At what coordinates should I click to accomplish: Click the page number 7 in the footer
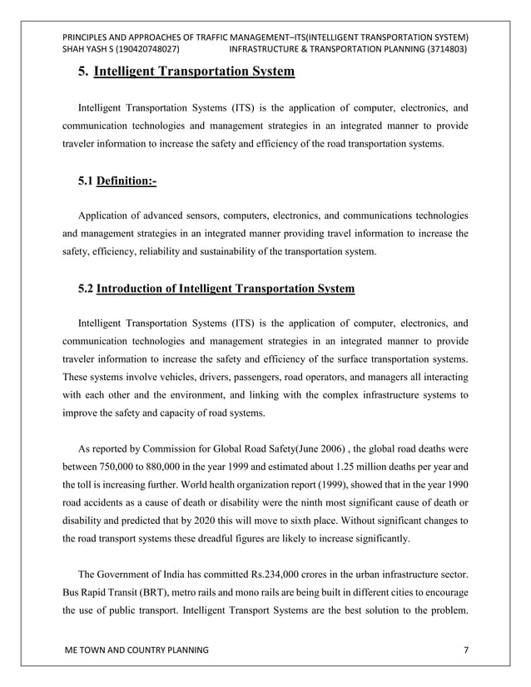[465, 648]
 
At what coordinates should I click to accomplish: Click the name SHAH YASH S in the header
[87, 51]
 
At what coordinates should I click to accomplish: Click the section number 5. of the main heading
[83, 72]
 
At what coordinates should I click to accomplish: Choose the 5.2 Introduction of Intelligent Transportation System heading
[216, 289]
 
